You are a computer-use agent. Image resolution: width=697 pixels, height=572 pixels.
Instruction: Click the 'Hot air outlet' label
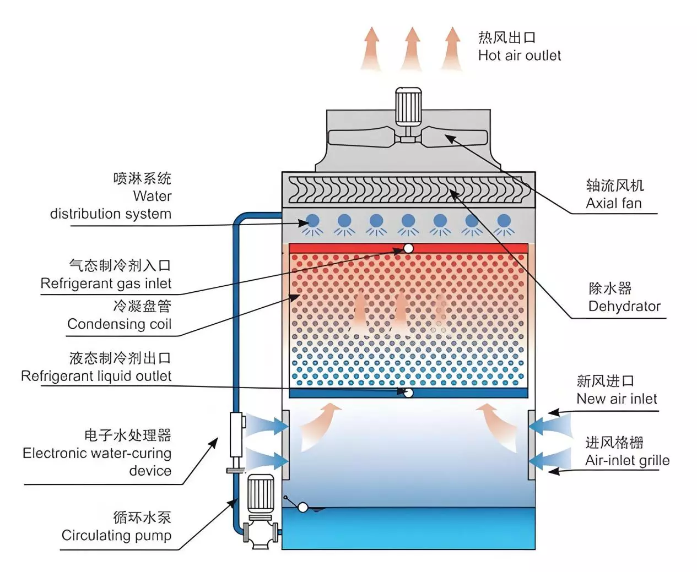tap(519, 56)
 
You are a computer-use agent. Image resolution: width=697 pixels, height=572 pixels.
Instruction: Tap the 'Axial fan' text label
tap(614, 203)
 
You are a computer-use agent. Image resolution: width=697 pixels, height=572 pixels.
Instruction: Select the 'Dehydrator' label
tap(624, 306)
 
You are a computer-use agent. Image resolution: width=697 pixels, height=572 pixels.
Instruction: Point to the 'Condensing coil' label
tap(120, 324)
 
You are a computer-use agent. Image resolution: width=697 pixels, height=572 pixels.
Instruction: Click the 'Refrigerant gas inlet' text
tap(106, 284)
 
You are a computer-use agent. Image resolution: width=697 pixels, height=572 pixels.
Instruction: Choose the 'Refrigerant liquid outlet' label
tap(96, 376)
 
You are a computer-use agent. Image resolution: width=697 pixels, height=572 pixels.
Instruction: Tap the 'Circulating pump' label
tap(116, 535)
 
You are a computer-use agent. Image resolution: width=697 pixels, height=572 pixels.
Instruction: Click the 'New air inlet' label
tap(617, 399)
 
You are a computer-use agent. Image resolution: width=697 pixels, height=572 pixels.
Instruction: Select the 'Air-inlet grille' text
tap(627, 460)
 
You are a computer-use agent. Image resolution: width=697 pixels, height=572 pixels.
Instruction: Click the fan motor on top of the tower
tap(408, 106)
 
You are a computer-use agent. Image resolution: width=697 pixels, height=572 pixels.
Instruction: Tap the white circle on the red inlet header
tap(408, 248)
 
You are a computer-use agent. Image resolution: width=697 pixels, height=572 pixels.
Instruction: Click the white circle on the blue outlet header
tap(408, 393)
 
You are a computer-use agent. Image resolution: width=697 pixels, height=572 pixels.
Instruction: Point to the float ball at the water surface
tap(302, 508)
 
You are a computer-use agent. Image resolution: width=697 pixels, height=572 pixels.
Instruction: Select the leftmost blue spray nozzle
tap(312, 221)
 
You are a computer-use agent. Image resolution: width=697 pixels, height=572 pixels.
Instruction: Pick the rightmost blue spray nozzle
tap(504, 221)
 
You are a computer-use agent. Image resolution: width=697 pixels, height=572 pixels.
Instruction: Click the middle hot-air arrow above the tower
tap(412, 49)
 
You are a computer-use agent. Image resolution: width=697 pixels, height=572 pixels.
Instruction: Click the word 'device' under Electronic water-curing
tap(150, 471)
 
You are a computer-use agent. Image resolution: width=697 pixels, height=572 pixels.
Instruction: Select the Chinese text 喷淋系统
tap(143, 179)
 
